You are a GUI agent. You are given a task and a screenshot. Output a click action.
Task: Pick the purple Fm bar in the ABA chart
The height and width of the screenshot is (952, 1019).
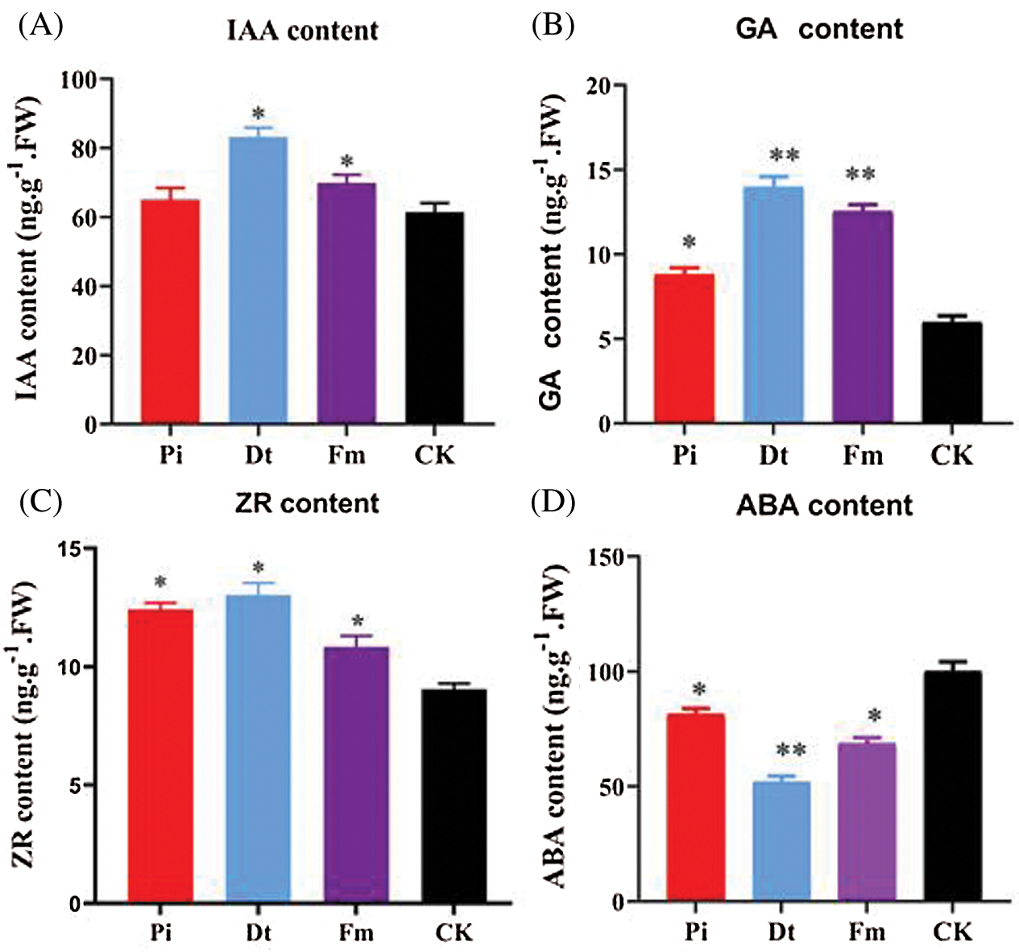coord(867,821)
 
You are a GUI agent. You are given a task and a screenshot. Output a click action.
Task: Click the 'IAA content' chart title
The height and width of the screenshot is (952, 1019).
coord(303,31)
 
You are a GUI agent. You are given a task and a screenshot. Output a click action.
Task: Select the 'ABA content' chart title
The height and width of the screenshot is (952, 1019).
coord(824,506)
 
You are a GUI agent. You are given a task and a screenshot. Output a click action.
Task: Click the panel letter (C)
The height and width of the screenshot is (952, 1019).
coord(39,501)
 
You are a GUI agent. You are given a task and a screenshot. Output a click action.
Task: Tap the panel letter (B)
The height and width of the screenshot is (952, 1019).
coord(553,26)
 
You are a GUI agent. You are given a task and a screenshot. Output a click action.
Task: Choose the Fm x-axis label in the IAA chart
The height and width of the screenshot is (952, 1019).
coord(346,456)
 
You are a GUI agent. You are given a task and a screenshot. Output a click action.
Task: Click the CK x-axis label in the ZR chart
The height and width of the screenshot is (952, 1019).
coord(454,933)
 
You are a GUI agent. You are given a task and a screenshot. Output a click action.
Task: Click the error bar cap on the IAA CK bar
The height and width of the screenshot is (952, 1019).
coord(434,203)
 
